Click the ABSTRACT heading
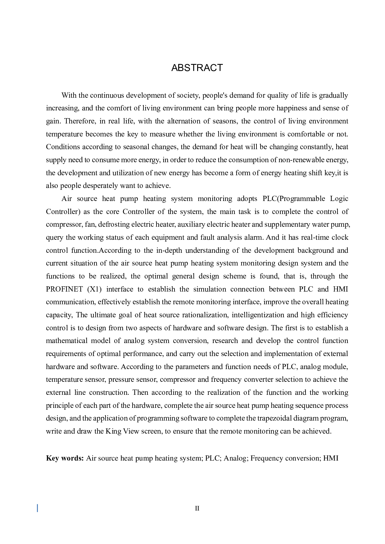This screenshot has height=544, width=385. tap(197, 68)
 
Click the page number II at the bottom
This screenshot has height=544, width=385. tap(197, 508)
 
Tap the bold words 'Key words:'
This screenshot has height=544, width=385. tap(65, 458)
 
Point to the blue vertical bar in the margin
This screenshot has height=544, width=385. tap(38, 508)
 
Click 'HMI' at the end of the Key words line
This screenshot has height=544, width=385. tap(331, 458)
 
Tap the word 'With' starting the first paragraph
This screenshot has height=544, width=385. tap(69, 95)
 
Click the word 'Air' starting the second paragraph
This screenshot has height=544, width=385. tap(66, 198)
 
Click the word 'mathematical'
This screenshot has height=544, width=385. tap(67, 341)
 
